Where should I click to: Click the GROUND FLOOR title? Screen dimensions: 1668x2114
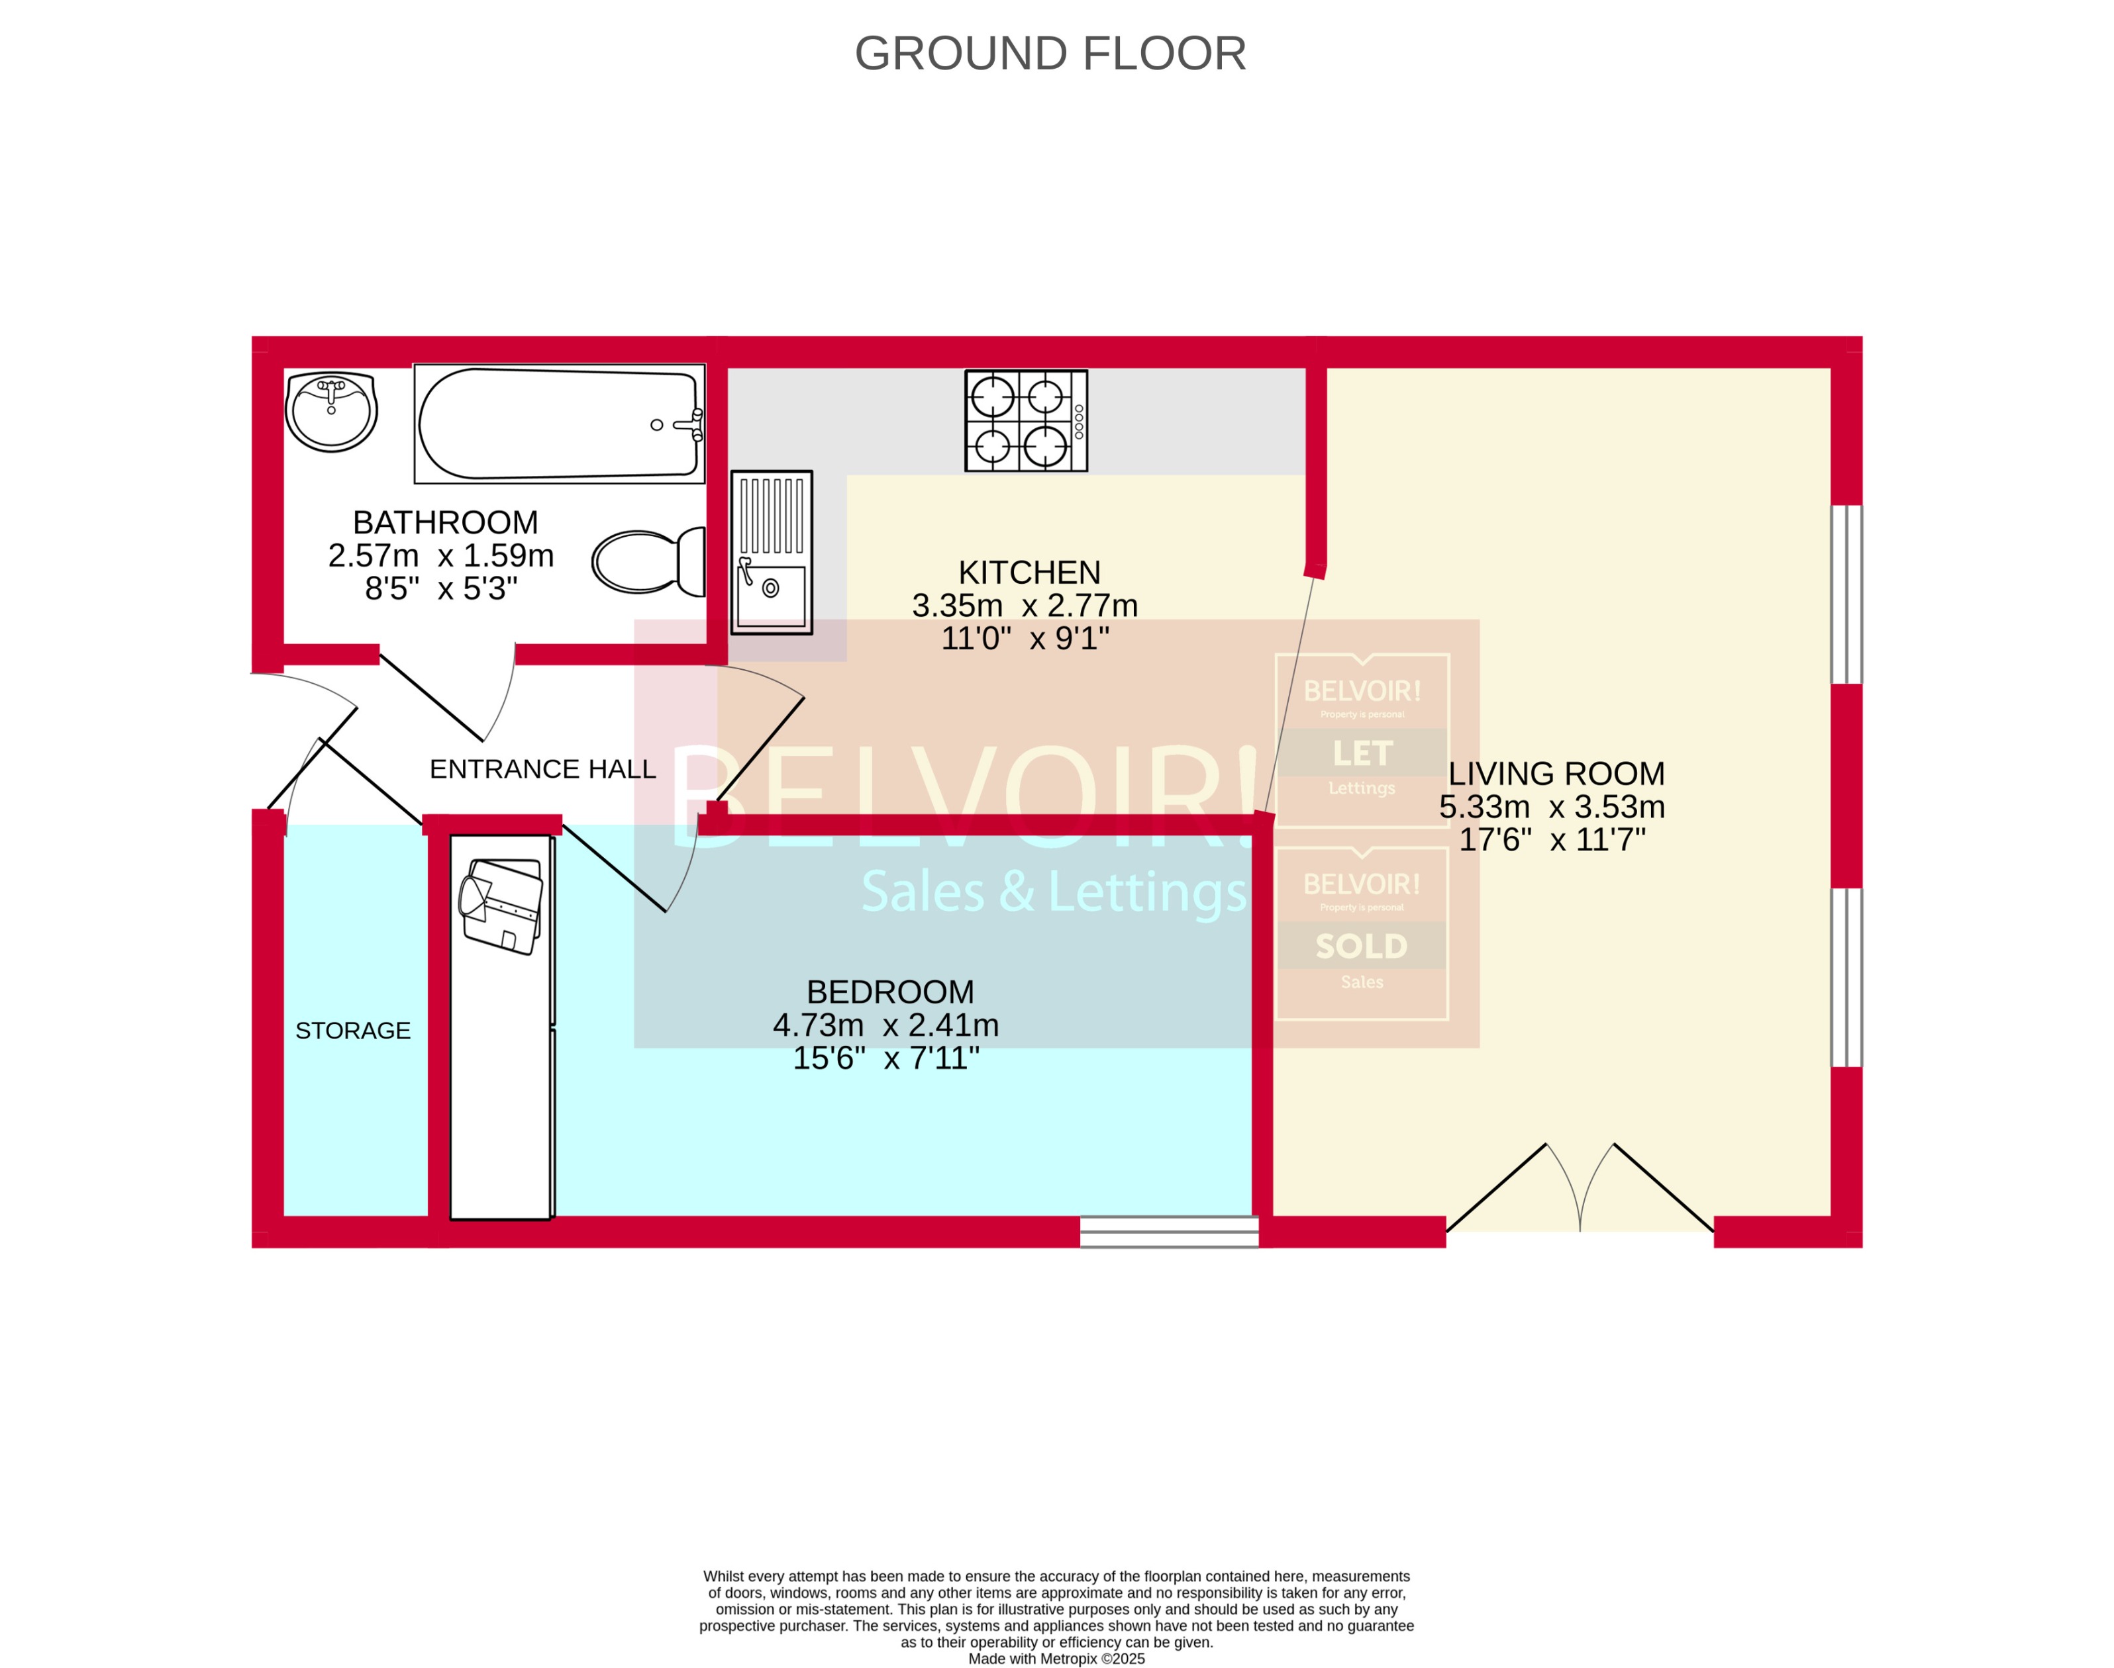tap(1050, 54)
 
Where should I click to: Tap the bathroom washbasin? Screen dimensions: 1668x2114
tap(331, 411)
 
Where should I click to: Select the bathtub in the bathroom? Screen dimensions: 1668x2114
tap(559, 423)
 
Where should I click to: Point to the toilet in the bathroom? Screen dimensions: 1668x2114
tap(648, 561)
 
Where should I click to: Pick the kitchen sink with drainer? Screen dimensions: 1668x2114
tap(771, 552)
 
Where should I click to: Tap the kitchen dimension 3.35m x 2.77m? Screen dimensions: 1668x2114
tap(1024, 606)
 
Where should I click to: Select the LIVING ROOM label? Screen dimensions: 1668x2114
tap(1555, 774)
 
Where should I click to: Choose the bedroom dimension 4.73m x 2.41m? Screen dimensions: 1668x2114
tap(885, 1025)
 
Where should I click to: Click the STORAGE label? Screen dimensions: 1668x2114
tap(352, 1031)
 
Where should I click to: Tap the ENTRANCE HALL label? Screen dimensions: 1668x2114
tap(542, 770)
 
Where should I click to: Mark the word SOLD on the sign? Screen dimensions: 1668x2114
tap(1361, 947)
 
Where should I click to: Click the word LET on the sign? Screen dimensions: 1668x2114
tap(1361, 753)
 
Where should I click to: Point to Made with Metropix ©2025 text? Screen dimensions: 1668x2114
tap(1056, 1658)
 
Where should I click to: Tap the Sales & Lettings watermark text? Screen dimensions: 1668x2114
tap(1053, 892)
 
